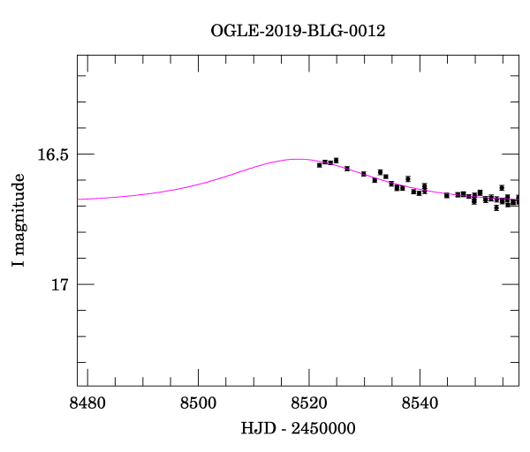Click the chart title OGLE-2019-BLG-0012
[x=298, y=31]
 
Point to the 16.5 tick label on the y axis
[x=53, y=154]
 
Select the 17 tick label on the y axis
[x=59, y=285]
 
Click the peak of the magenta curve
[x=297, y=159]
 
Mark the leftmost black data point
[x=319, y=165]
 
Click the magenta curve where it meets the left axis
[x=79, y=200]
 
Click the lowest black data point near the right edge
[x=496, y=208]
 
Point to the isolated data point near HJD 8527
[x=347, y=169]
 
